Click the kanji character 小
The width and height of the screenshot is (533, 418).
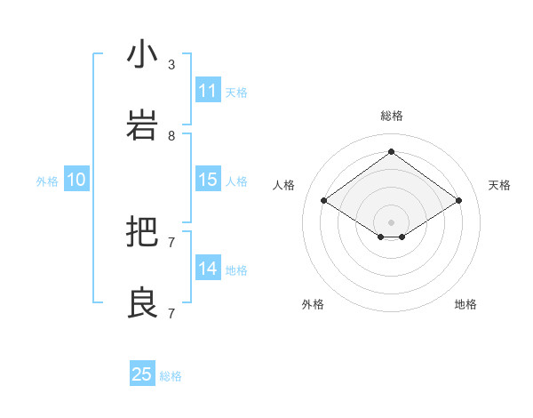[143, 54]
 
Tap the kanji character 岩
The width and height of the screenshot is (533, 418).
[143, 125]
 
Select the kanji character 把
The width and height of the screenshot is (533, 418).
[143, 233]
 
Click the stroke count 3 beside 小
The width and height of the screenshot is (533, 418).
[171, 65]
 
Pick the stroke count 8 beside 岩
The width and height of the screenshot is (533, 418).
[171, 136]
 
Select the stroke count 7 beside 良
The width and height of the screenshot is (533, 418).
[171, 314]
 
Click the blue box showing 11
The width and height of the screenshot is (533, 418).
[208, 91]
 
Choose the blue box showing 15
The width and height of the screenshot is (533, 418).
[208, 180]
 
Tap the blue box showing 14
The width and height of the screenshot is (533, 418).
[208, 269]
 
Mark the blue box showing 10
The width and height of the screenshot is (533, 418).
[76, 180]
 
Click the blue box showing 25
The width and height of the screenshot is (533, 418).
[142, 374]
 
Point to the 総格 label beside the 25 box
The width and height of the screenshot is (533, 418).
[171, 376]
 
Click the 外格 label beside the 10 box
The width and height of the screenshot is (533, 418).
[47, 181]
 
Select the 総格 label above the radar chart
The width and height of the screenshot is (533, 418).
[392, 116]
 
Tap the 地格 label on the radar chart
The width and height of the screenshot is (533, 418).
[465, 304]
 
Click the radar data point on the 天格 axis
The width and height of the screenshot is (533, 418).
[459, 201]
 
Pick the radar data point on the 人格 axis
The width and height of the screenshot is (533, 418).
[324, 201]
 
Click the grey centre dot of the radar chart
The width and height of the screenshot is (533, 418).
[392, 221]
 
